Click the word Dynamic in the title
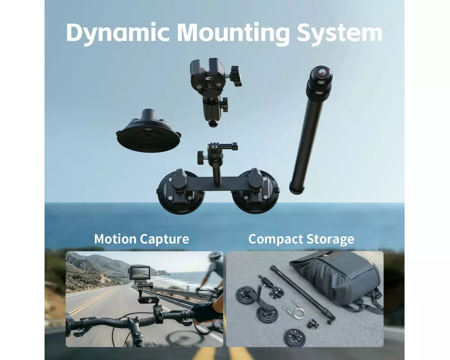[117, 33]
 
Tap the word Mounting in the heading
[233, 33]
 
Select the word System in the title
[339, 33]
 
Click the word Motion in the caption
[115, 239]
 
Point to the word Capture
[165, 239]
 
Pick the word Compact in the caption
[275, 239]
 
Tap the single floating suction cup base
[148, 131]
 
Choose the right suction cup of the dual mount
[256, 192]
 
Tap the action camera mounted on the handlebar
[140, 272]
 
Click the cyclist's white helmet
[216, 255]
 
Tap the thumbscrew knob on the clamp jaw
[235, 76]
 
